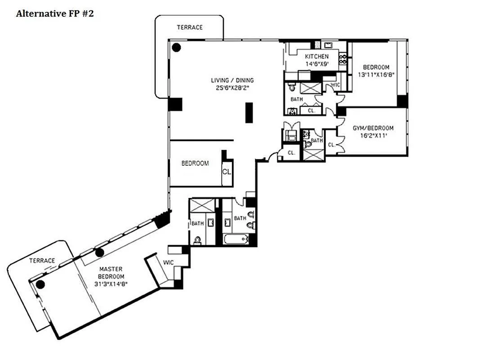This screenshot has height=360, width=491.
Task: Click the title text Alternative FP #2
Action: pyautogui.click(x=54, y=13)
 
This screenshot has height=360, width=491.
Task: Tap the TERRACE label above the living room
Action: pyautogui.click(x=189, y=27)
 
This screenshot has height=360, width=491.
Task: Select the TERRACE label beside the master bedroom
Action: pyautogui.click(x=42, y=261)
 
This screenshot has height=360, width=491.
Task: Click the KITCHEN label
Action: pyautogui.click(x=317, y=57)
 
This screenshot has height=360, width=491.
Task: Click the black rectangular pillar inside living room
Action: pyautogui.click(x=249, y=112)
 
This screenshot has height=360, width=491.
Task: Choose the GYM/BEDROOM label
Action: pyautogui.click(x=373, y=128)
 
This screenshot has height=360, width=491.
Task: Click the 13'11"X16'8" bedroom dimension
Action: pyautogui.click(x=376, y=75)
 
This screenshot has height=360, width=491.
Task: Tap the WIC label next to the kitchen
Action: pyautogui.click(x=335, y=85)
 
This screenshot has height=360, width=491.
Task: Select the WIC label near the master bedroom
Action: pyautogui.click(x=169, y=262)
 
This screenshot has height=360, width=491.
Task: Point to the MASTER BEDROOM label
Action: pyautogui.click(x=111, y=273)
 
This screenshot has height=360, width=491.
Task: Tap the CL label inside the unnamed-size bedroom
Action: pyautogui.click(x=226, y=171)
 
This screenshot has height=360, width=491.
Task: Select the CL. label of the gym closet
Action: pyautogui.click(x=332, y=145)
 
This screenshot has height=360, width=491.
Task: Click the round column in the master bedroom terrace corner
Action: pyautogui.click(x=40, y=284)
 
